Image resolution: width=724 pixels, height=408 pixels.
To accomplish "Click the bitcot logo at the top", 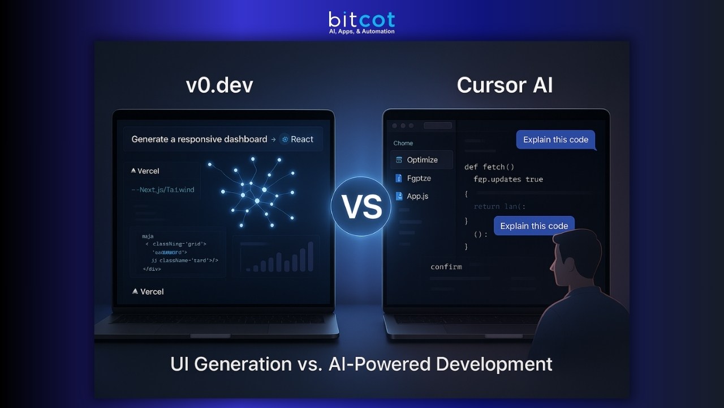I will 361,22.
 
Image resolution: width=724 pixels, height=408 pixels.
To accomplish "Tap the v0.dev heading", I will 219,85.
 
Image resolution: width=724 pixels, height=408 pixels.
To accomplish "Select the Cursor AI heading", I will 505,85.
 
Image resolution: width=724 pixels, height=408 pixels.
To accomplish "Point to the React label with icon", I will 298,139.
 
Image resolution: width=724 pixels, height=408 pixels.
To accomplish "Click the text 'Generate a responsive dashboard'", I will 199,139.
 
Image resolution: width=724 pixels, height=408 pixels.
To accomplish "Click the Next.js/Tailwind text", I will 165,190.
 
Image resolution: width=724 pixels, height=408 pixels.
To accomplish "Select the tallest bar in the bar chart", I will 311,257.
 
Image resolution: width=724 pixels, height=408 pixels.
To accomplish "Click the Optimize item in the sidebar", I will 422,160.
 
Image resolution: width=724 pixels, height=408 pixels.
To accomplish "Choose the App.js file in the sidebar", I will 417,196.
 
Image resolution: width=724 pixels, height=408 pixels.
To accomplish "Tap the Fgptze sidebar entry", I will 419,178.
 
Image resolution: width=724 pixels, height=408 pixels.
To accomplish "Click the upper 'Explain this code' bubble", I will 555,140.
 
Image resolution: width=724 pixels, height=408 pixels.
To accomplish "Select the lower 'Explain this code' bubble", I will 534,226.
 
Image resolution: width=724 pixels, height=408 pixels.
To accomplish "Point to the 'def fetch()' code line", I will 489,167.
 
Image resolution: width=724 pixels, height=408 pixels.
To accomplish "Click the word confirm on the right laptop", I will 446,266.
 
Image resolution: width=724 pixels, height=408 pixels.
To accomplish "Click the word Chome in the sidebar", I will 403,143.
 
